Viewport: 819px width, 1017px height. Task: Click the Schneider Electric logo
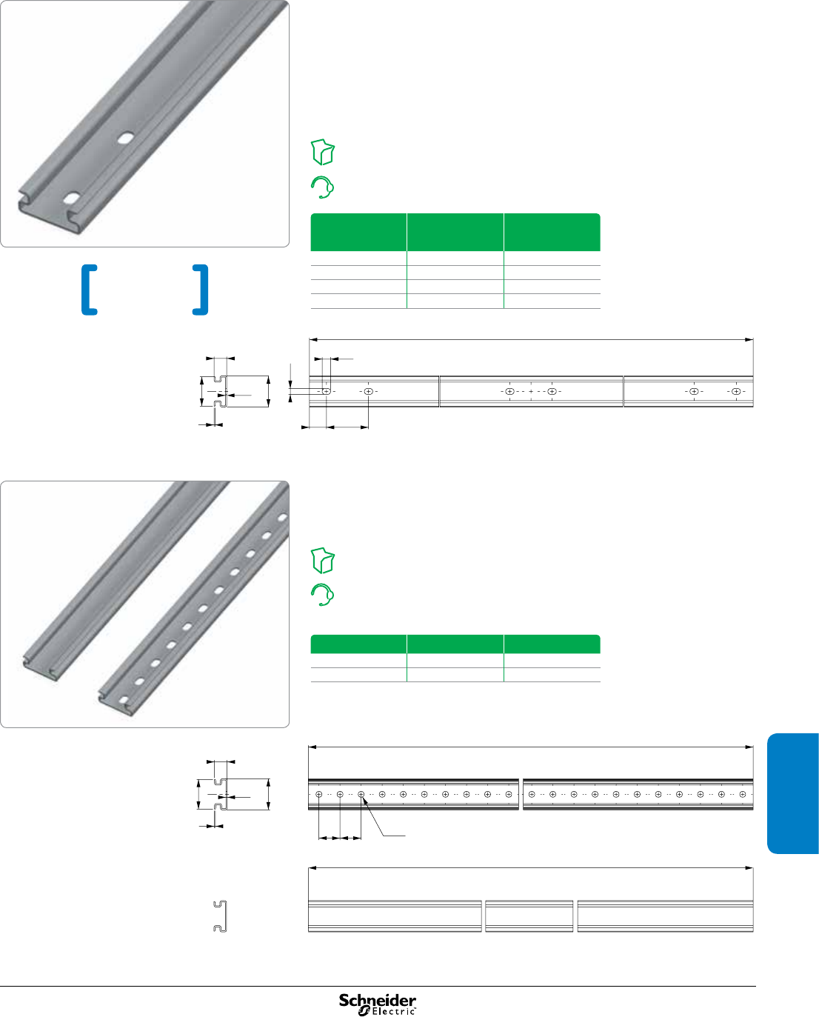[378, 1004]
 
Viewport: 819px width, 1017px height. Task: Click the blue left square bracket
[89, 290]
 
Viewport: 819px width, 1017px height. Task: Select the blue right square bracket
[201, 290]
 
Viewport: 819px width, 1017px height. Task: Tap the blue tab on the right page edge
[793, 793]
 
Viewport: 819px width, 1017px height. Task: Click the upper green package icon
[323, 152]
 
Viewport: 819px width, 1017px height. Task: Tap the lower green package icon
[323, 561]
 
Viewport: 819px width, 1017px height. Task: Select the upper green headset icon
[322, 187]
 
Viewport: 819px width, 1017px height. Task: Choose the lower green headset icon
[322, 595]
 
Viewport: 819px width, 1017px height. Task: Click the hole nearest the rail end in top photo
[73, 199]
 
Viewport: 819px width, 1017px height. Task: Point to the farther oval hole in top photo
[126, 138]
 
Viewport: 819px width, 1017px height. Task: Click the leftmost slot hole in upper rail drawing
[326, 391]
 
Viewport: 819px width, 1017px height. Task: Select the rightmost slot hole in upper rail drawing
[736, 391]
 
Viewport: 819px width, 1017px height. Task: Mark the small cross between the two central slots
[531, 391]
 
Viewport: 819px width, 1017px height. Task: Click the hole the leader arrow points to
[361, 794]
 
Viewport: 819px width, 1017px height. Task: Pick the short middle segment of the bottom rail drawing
[529, 916]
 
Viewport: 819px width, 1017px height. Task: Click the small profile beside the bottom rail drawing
[220, 916]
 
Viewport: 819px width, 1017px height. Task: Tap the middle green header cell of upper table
[455, 233]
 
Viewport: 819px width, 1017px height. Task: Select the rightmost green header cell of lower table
[552, 644]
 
